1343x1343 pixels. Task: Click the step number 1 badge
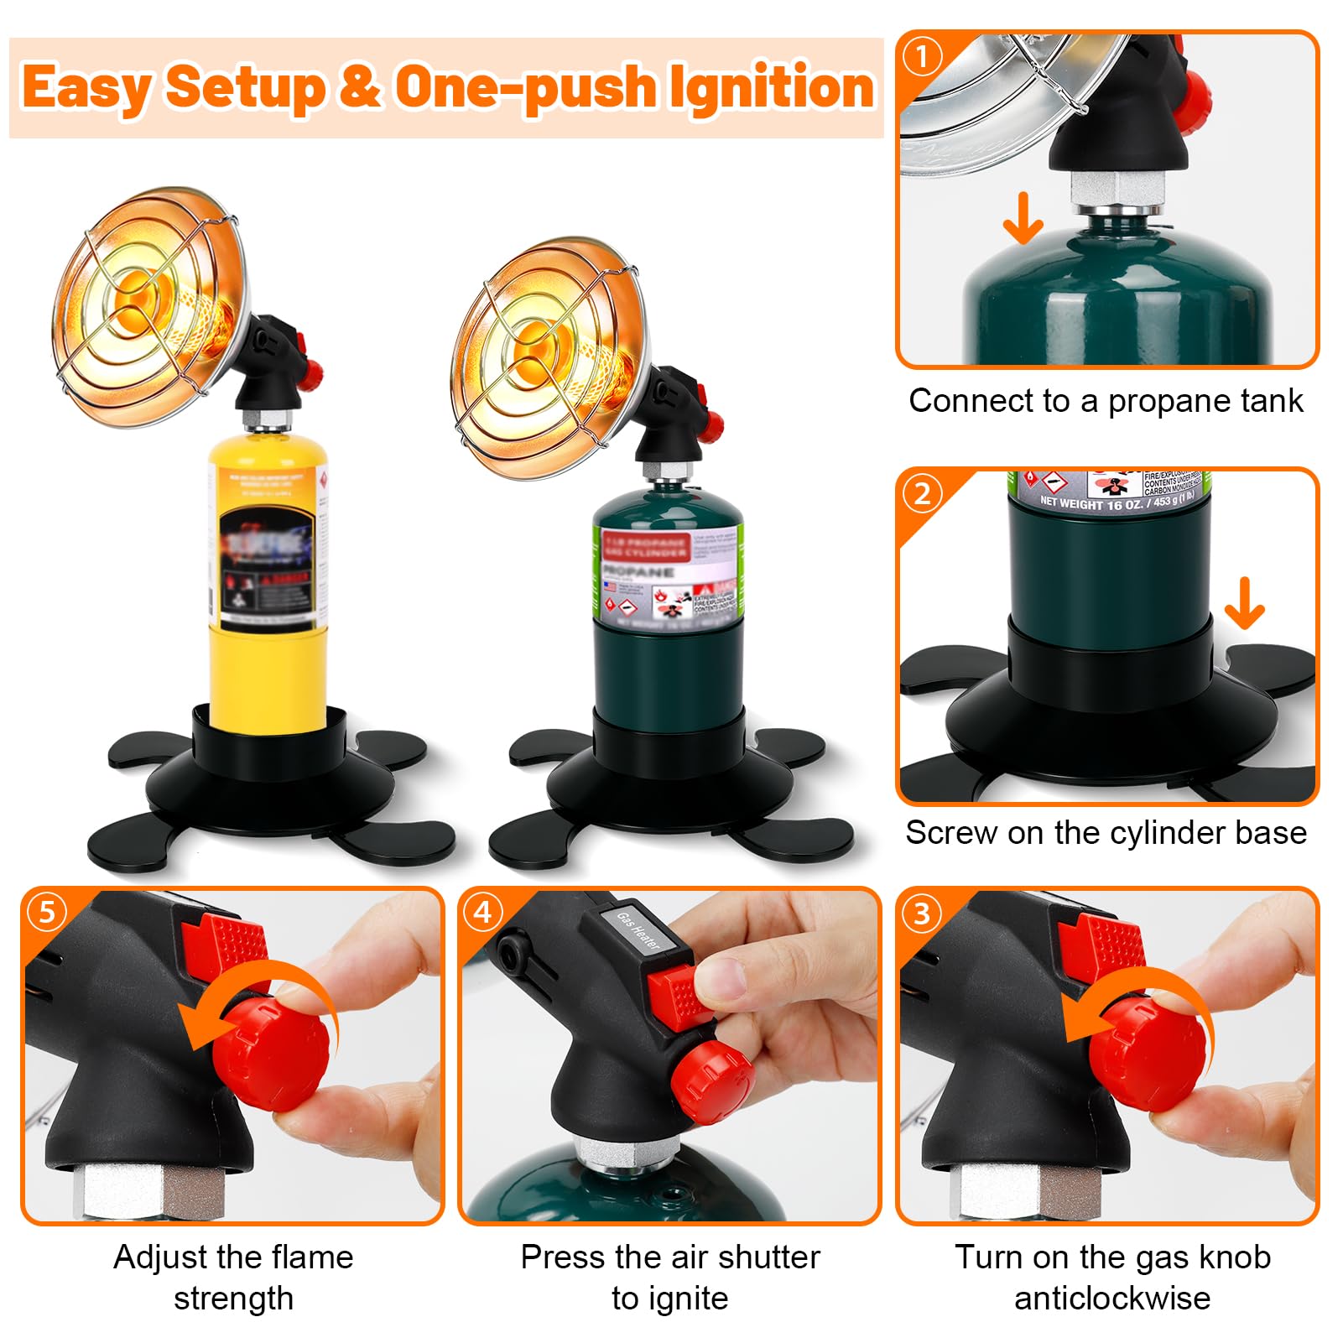923,57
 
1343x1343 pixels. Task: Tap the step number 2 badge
923,493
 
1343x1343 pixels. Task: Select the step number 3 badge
923,913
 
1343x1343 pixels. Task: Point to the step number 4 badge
484,912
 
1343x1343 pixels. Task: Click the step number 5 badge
47,912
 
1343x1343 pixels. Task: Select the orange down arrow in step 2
1244,603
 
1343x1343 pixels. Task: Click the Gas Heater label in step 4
639,930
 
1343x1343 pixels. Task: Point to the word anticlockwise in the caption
1112,1298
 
